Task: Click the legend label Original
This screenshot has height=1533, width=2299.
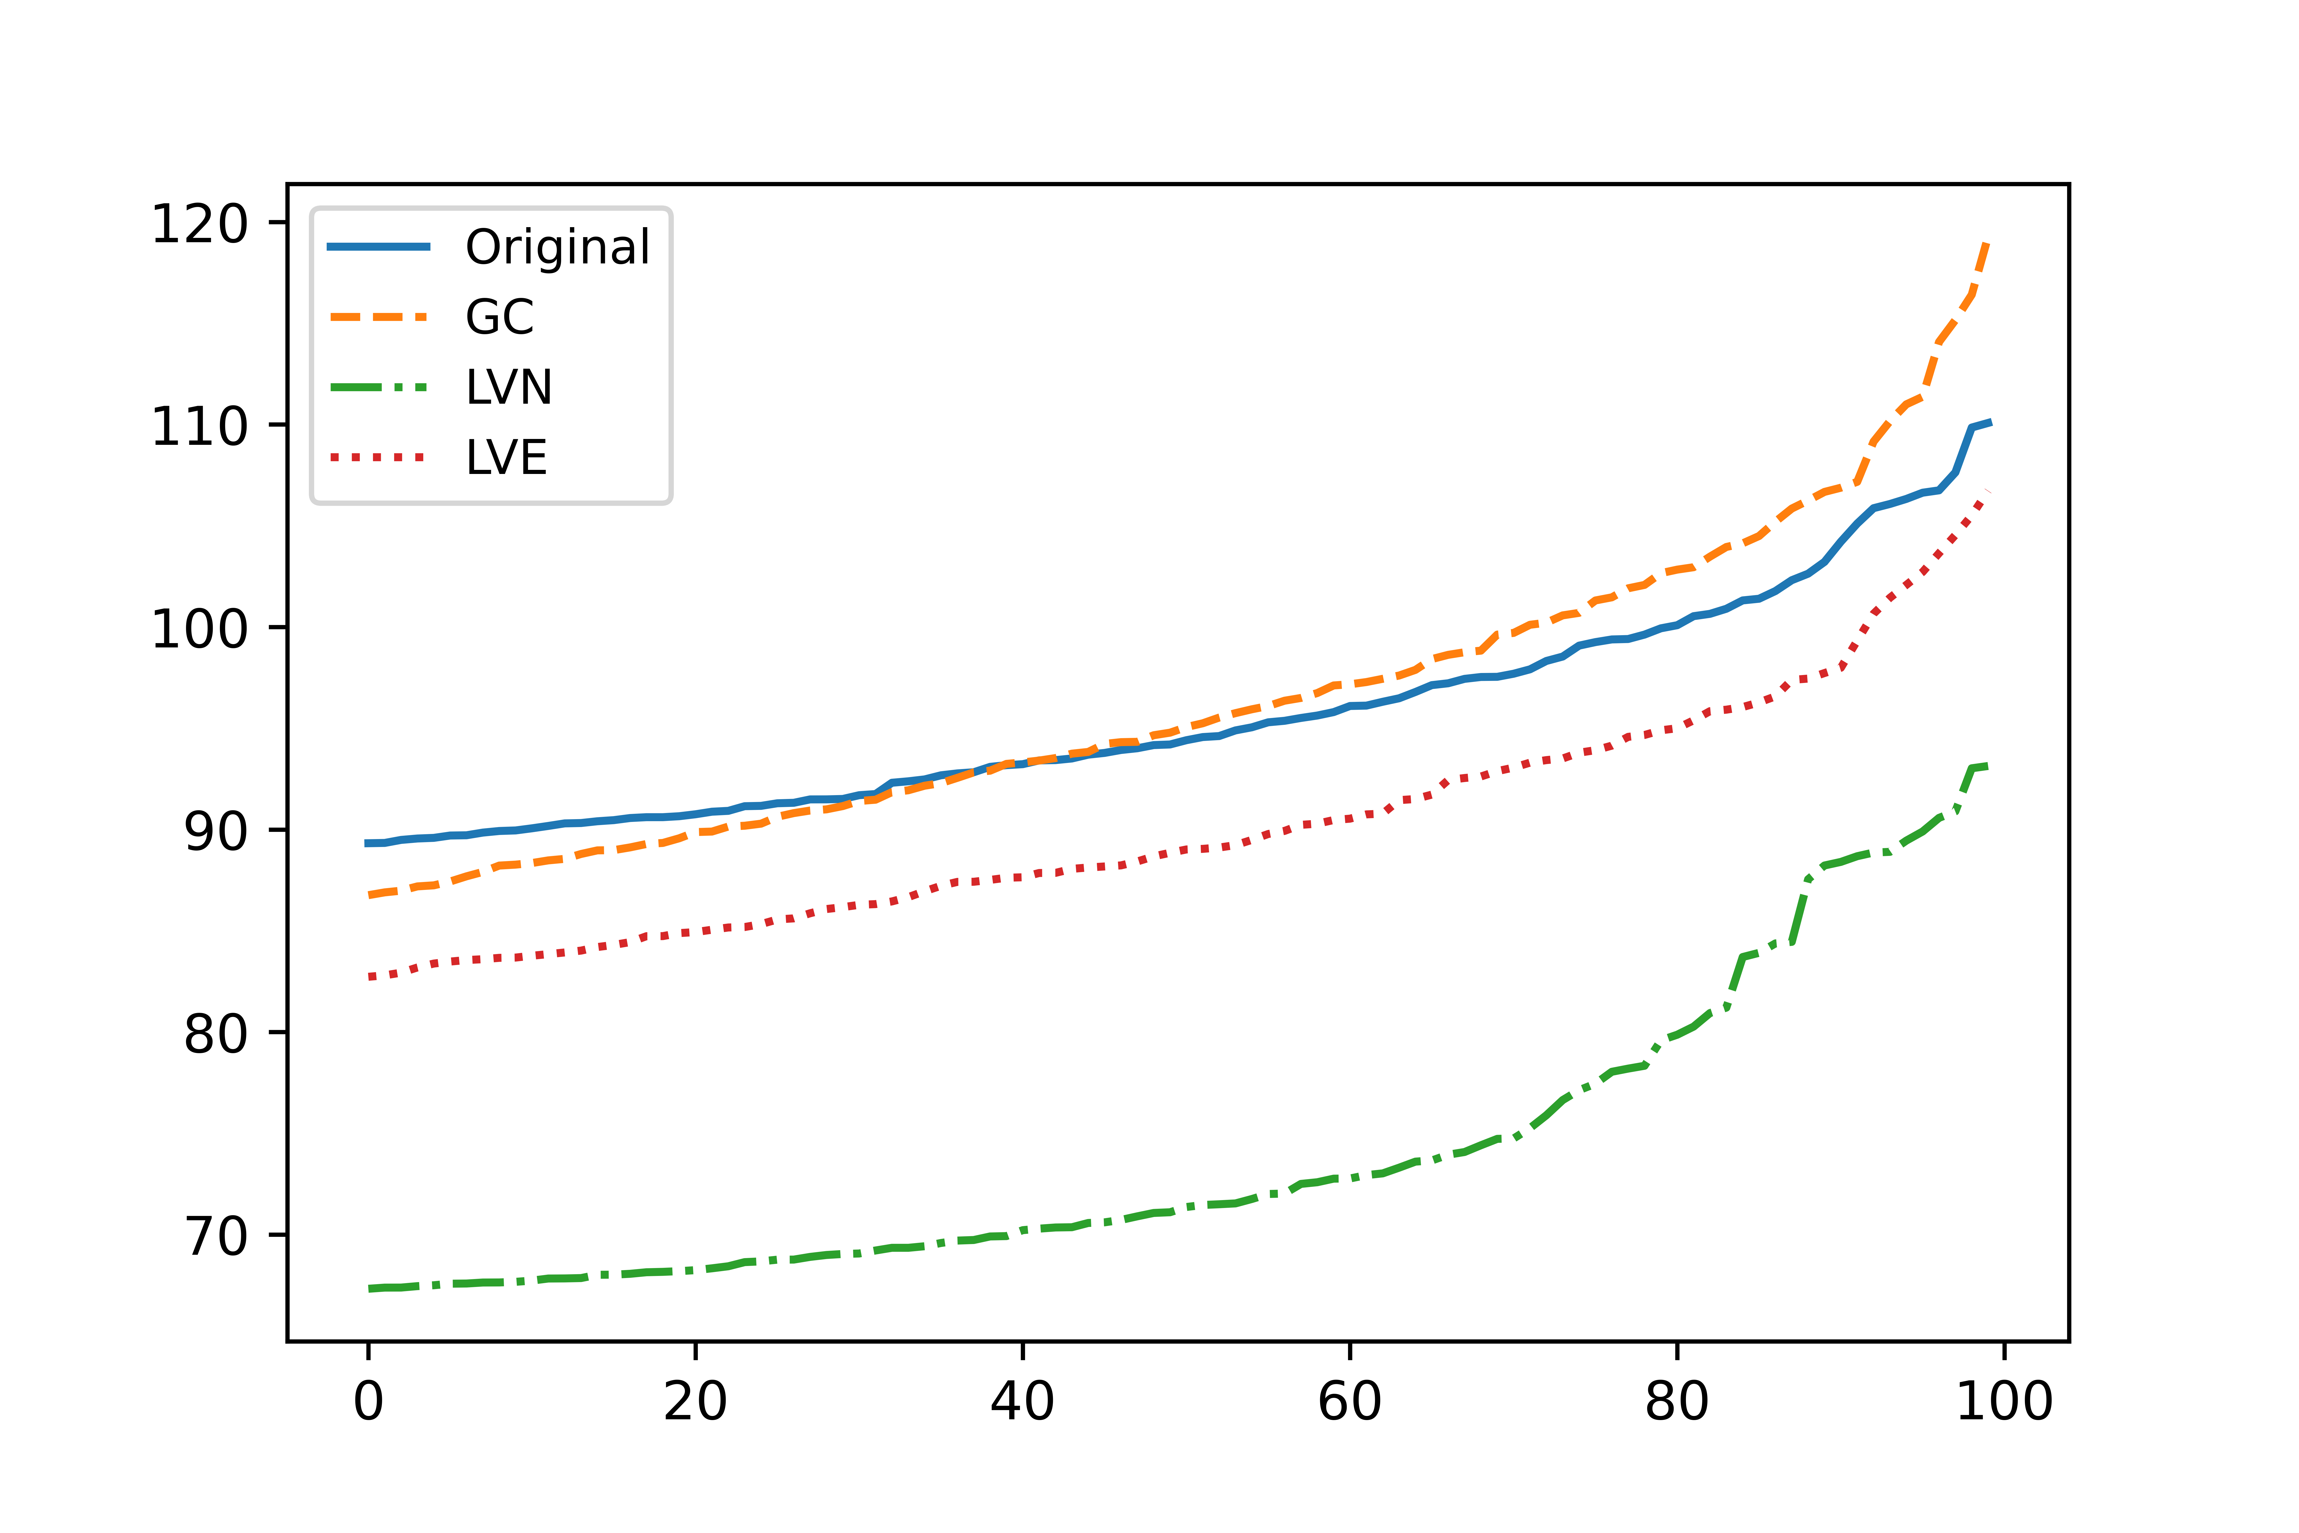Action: point(557,247)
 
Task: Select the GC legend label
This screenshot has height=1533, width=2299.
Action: point(499,318)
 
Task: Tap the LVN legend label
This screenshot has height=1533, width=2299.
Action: point(508,388)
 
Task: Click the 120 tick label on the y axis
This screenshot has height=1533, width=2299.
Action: point(200,224)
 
